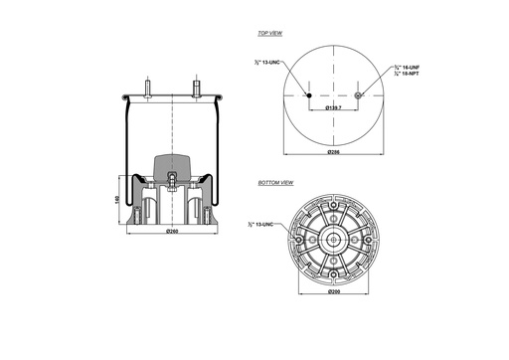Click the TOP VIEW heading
270,33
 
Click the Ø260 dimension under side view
171,232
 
